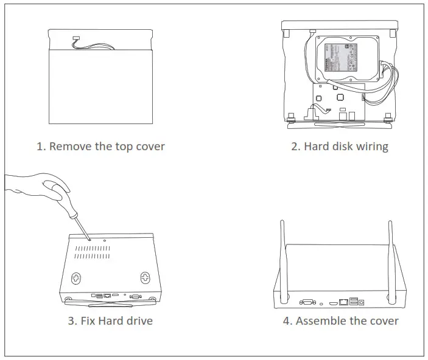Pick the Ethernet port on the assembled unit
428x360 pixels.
tap(345, 300)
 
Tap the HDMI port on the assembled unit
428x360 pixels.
tap(333, 300)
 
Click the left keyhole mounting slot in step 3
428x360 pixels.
tap(75, 278)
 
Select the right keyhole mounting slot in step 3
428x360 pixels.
tap(145, 278)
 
